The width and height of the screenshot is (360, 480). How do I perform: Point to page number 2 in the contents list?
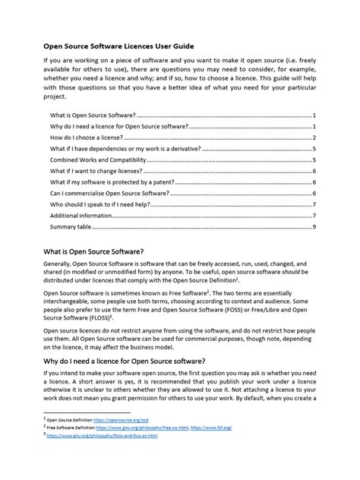tap(314, 137)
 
